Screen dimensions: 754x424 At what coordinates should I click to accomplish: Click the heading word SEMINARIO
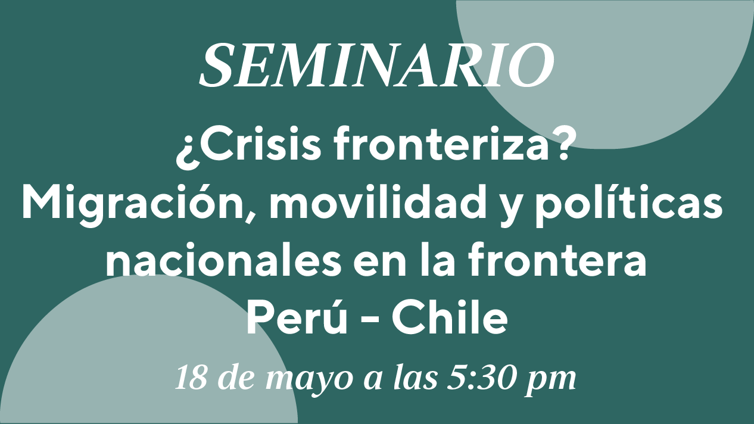(x=376, y=66)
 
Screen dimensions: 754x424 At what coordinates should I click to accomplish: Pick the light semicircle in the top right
(x=606, y=67)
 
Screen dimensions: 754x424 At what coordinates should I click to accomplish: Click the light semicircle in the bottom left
(x=148, y=353)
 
